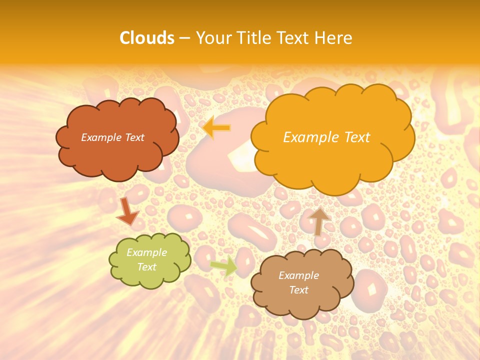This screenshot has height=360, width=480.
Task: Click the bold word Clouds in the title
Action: click(x=147, y=38)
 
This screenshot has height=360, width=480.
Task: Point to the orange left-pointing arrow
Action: click(x=216, y=127)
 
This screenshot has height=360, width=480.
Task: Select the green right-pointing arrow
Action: click(x=223, y=266)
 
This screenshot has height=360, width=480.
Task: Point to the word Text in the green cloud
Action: click(x=146, y=267)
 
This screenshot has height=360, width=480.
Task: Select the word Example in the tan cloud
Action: click(x=298, y=275)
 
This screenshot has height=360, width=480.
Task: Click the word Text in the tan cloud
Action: click(x=298, y=290)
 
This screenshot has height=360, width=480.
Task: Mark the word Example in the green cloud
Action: click(x=146, y=252)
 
